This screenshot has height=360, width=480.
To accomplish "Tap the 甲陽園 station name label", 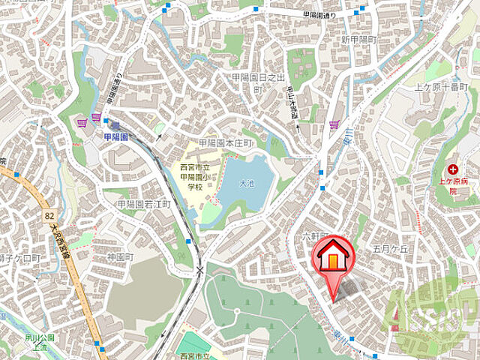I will pyautogui.click(x=115, y=136).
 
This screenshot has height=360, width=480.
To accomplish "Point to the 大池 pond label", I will pyautogui.click(x=247, y=182).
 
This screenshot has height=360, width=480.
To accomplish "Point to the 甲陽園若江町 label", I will pyautogui.click(x=144, y=204).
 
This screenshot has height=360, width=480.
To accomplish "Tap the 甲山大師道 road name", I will pyautogui.click(x=292, y=103).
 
